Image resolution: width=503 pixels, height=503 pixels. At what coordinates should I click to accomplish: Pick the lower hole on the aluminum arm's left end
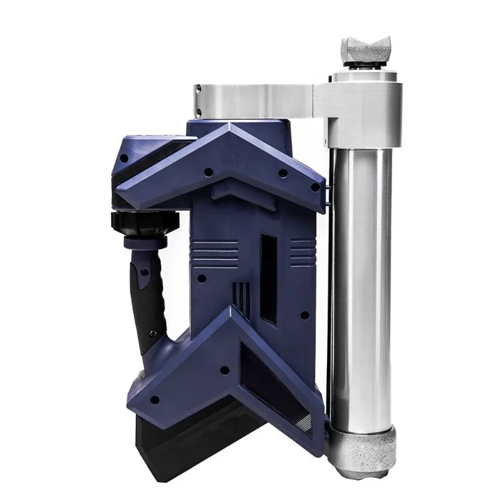pos(199,114)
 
